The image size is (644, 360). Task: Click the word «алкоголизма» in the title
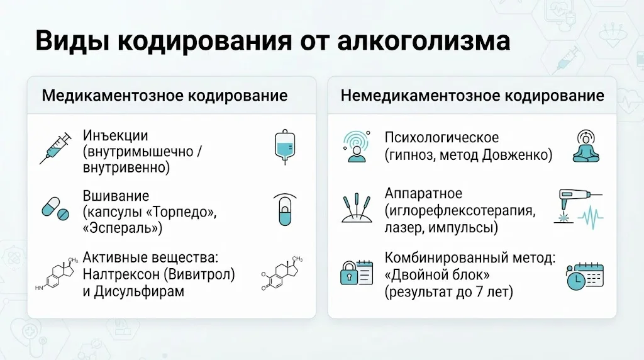click(x=424, y=42)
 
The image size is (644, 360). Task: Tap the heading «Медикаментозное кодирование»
click(x=165, y=96)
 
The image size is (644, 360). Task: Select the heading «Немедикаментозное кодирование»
click(x=472, y=96)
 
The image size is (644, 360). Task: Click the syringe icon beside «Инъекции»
click(x=55, y=149)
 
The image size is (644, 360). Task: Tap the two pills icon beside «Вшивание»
click(x=55, y=209)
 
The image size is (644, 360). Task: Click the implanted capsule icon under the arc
click(x=285, y=210)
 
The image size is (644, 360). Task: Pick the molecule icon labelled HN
click(x=57, y=274)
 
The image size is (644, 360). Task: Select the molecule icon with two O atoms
click(x=282, y=273)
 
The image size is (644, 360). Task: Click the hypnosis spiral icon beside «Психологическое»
click(x=357, y=147)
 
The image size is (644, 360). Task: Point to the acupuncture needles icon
click(x=357, y=208)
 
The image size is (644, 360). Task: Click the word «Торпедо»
click(x=181, y=212)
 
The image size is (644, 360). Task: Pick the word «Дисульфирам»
click(x=139, y=291)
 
